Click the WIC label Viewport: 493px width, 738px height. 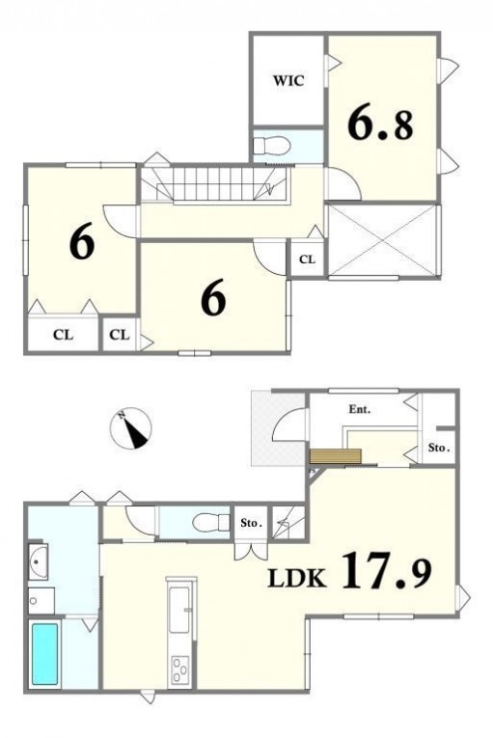pos(288,80)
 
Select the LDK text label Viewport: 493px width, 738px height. pos(296,579)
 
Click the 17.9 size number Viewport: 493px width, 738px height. pos(386,570)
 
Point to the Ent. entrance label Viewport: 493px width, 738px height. pos(359,409)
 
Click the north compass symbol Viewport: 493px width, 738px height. pos(130,427)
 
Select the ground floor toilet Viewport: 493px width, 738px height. pos(209,522)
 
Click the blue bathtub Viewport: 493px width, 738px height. pos(44,654)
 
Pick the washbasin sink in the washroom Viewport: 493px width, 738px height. pos(39,562)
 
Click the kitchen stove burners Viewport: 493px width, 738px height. pos(179,670)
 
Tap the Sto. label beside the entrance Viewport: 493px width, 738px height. pos(439,448)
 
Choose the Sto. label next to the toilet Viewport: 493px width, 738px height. pos(251,523)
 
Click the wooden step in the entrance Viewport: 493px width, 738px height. pos(335,456)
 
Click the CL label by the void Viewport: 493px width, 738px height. pos(307,260)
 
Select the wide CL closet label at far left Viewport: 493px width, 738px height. pos(63,335)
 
